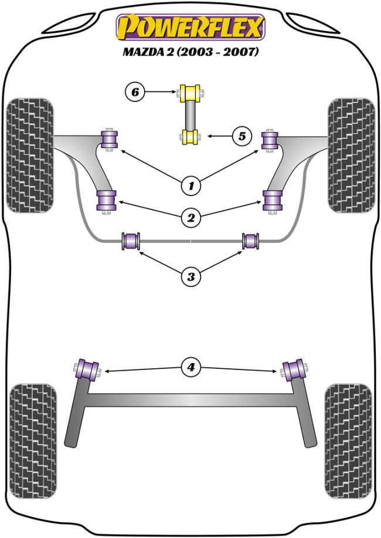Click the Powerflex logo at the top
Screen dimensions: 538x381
[190, 27]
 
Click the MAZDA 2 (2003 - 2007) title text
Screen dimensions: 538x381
[190, 52]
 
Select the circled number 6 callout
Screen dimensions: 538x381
[135, 91]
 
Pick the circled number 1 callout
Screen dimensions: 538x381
[190, 186]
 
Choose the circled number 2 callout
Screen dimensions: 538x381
[190, 218]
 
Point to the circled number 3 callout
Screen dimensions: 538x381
[190, 276]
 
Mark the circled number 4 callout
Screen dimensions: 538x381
[190, 368]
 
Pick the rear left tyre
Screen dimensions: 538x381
[33, 439]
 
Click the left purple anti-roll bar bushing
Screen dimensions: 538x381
[131, 241]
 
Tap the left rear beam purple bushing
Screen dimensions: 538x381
[89, 369]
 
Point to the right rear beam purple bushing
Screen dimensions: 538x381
[294, 369]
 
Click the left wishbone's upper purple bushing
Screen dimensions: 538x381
[110, 138]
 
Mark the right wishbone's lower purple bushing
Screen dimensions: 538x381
[273, 201]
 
